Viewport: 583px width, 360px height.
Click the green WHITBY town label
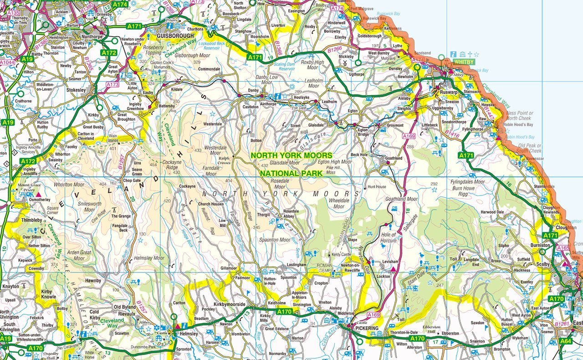[464, 62]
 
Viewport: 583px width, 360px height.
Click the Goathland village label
[394, 158]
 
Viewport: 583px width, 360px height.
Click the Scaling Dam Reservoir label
[287, 67]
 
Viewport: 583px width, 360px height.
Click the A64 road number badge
[566, 341]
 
